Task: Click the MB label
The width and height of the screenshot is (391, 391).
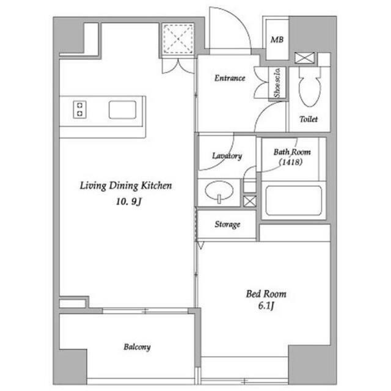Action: pyautogui.click(x=277, y=40)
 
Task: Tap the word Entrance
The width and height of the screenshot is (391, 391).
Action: pyautogui.click(x=230, y=78)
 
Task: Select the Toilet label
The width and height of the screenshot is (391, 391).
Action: pyautogui.click(x=309, y=119)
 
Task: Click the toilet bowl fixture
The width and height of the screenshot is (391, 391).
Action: pyautogui.click(x=310, y=90)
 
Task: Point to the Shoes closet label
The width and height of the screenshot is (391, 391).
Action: pyautogui.click(x=277, y=83)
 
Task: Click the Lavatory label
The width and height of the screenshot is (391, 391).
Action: pyautogui.click(x=227, y=156)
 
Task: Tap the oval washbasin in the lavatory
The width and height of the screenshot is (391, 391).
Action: pyautogui.click(x=219, y=191)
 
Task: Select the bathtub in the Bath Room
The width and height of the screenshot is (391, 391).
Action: pyautogui.click(x=293, y=200)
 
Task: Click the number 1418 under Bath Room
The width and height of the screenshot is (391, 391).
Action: pyautogui.click(x=291, y=162)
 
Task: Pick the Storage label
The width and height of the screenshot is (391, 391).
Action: pyautogui.click(x=227, y=224)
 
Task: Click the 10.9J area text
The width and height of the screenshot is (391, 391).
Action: pyautogui.click(x=129, y=202)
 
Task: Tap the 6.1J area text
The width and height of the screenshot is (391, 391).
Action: pyautogui.click(x=266, y=305)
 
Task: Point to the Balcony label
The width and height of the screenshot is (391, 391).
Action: pyautogui.click(x=137, y=347)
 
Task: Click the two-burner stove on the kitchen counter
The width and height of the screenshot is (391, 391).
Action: pyautogui.click(x=79, y=109)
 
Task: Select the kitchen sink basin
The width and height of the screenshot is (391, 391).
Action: pyautogui.click(x=122, y=110)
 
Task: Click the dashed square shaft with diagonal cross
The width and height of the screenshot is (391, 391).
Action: pyautogui.click(x=178, y=38)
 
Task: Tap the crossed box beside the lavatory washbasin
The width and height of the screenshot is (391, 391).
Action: pyautogui.click(x=250, y=201)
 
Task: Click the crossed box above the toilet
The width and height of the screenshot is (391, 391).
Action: pyautogui.click(x=304, y=58)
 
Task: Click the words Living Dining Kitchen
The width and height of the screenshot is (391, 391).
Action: pyautogui.click(x=126, y=186)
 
